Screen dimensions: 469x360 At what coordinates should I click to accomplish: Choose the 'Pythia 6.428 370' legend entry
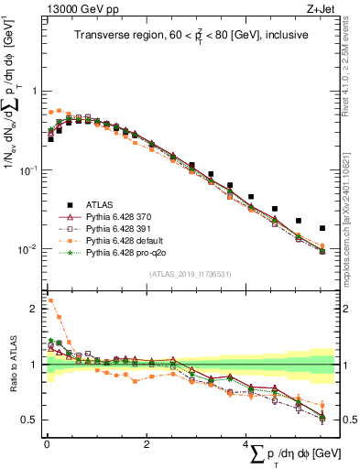pos(123,216)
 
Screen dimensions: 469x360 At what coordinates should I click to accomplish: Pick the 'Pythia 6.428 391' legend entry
pos(123,228)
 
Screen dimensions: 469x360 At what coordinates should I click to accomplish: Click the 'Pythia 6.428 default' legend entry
pos(127,240)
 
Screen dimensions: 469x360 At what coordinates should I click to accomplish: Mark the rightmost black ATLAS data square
pos(322,228)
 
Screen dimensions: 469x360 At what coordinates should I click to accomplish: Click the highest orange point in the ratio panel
pos(50,300)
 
